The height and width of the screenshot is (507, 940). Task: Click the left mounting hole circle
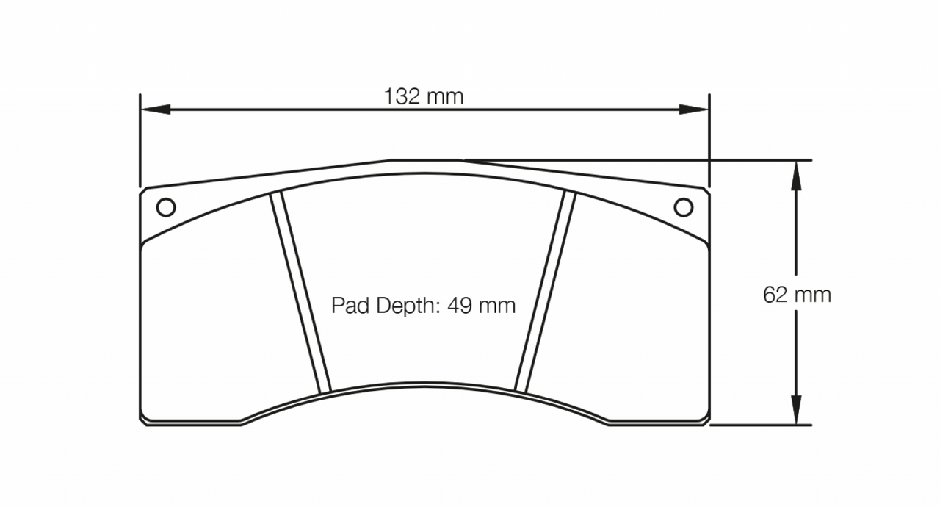tap(166, 208)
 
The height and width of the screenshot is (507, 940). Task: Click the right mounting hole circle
tap(683, 208)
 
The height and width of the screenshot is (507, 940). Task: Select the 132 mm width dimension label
tap(424, 96)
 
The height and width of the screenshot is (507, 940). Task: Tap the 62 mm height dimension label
tap(797, 295)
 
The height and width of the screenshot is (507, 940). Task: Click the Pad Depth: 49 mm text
tap(423, 305)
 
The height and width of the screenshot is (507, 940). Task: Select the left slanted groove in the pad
tap(301, 292)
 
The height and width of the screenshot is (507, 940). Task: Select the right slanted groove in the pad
tap(544, 292)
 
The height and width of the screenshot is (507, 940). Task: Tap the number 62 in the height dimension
tap(775, 295)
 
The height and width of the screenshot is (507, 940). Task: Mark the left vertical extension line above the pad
tap(140, 140)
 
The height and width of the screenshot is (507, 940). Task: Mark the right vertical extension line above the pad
tap(709, 140)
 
